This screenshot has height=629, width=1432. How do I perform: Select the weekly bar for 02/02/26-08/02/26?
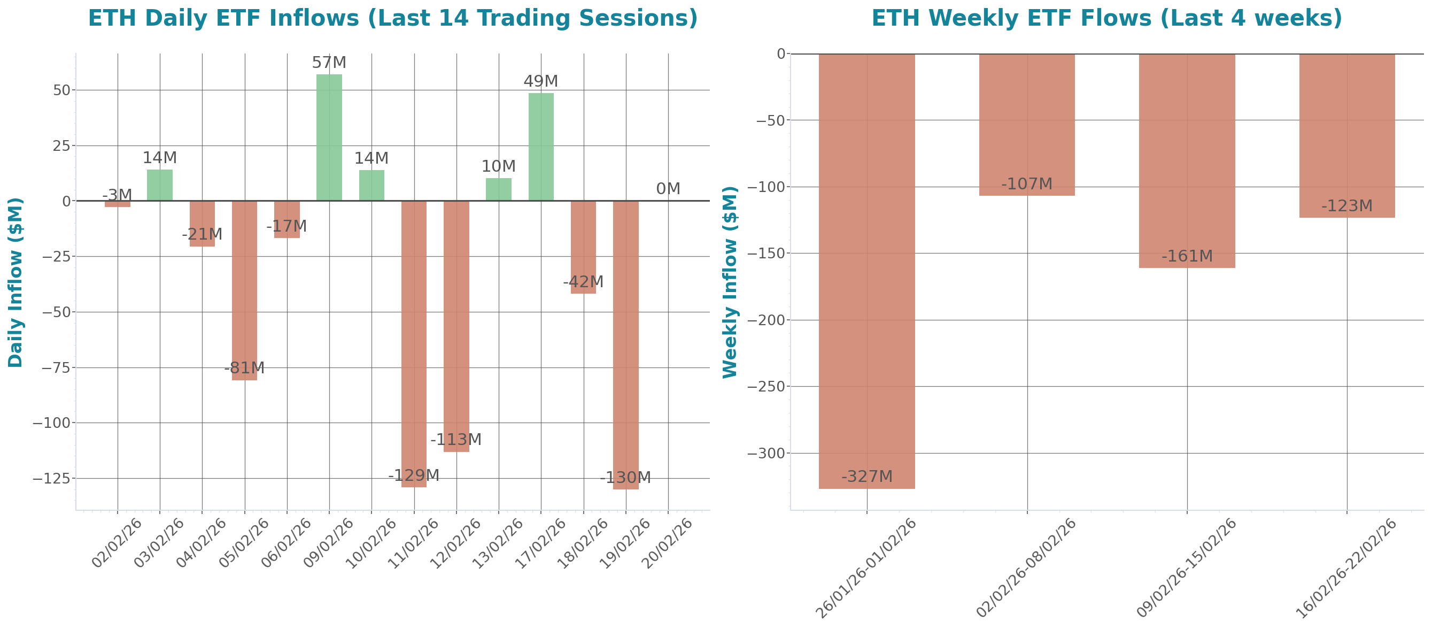pos(1027,125)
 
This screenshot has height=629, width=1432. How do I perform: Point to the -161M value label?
pos(1187,256)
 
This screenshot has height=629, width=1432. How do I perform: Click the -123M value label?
pos(1346,206)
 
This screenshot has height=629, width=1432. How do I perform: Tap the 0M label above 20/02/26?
pos(668,189)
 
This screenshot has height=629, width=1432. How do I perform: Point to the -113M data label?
pos(456,440)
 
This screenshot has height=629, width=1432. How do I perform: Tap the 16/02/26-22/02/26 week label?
pos(1345,568)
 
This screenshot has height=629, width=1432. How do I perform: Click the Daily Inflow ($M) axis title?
pos(16,282)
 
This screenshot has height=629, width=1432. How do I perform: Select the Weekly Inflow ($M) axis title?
pos(729,282)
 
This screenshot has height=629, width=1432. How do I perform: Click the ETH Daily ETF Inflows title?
pos(392,18)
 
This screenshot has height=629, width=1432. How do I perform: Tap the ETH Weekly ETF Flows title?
pos(1106,18)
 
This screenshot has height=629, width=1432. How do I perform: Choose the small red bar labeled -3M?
pos(118,204)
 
